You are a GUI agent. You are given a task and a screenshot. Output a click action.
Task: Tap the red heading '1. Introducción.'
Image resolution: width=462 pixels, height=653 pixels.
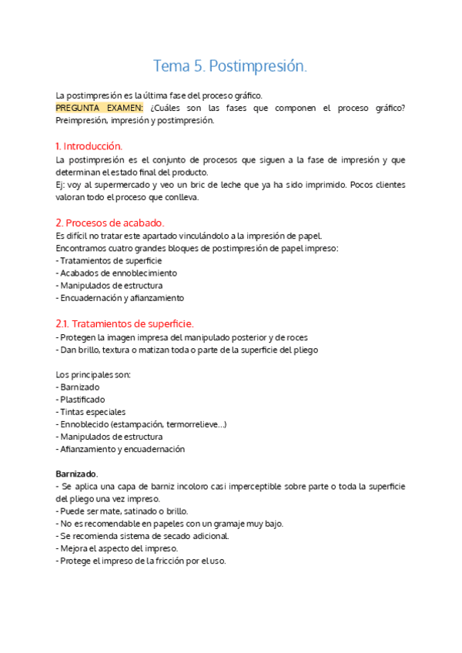pos(89,146)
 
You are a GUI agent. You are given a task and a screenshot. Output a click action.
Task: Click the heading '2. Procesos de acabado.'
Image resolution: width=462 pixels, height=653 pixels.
pos(109,223)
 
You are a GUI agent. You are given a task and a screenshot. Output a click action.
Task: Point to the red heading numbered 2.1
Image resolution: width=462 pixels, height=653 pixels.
pos(125,323)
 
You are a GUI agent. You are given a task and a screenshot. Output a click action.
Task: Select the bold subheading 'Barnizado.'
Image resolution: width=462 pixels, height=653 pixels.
pos(77,474)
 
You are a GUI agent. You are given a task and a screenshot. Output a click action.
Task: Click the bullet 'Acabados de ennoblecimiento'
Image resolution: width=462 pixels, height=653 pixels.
pos(119,273)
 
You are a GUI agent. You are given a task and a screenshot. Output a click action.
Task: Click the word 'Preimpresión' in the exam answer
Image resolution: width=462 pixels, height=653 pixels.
pos(81,120)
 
